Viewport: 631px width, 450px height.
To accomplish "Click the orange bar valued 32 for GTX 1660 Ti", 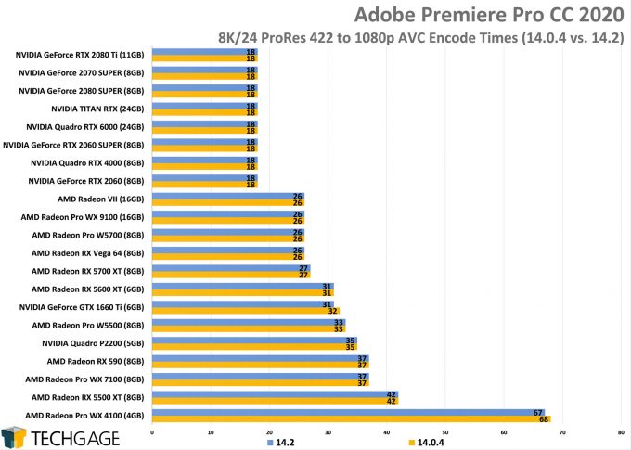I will click(x=244, y=311).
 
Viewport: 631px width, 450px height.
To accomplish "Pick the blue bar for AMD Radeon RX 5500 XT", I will click(x=273, y=393).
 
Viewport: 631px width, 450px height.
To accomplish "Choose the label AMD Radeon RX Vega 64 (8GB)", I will click(x=88, y=252).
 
